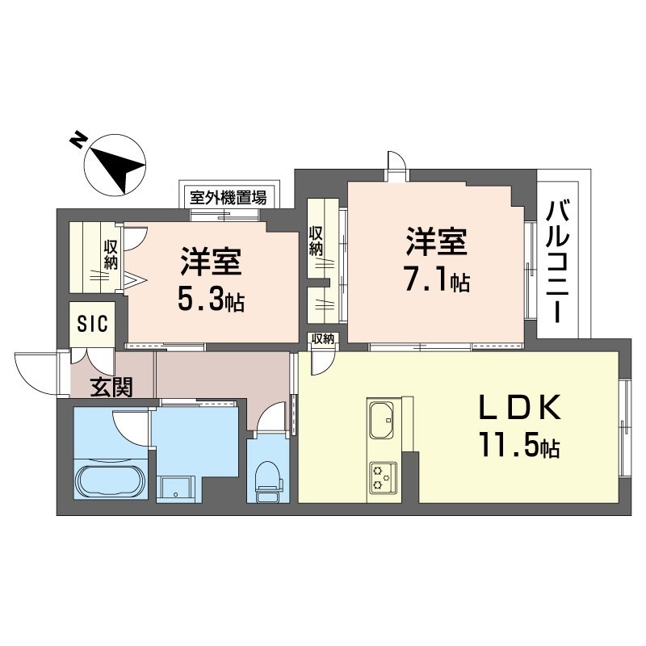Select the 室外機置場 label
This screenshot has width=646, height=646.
click(x=228, y=198)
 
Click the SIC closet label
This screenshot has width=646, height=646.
click(x=92, y=324)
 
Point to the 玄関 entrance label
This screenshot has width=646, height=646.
click(x=111, y=387)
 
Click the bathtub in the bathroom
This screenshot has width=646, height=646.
click(x=111, y=481)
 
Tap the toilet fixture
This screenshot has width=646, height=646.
click(x=268, y=480)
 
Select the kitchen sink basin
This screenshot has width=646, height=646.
click(x=381, y=420)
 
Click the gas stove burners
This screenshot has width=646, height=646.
click(x=382, y=478)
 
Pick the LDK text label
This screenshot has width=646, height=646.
click(x=519, y=407)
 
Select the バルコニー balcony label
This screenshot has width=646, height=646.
click(x=558, y=262)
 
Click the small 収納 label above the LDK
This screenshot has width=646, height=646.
click(x=322, y=339)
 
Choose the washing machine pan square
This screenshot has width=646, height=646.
click(x=175, y=489)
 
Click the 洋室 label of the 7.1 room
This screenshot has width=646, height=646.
click(x=436, y=241)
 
